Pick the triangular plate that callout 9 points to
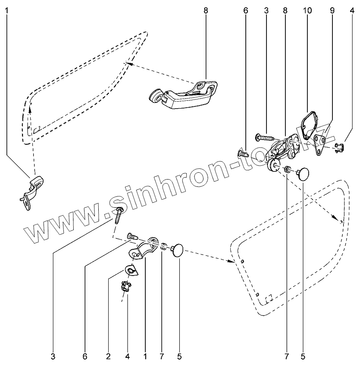[x=321, y=145]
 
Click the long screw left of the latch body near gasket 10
[x=264, y=137]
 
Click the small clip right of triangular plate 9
[x=339, y=147]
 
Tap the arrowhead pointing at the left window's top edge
[x=127, y=64]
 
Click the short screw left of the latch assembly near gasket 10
[x=243, y=153]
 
